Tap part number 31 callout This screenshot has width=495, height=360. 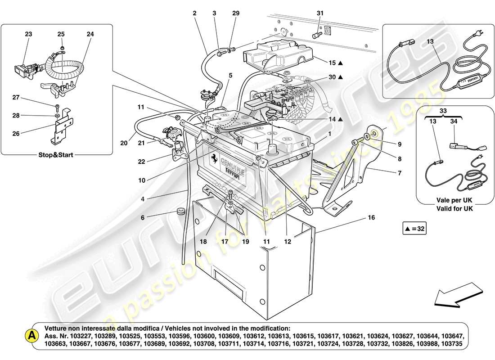coord(320,13)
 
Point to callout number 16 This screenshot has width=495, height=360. coord(371,217)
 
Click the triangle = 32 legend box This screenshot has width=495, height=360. coord(414,229)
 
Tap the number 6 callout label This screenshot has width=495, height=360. coord(143,217)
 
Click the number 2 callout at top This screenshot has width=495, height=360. coord(195,13)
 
